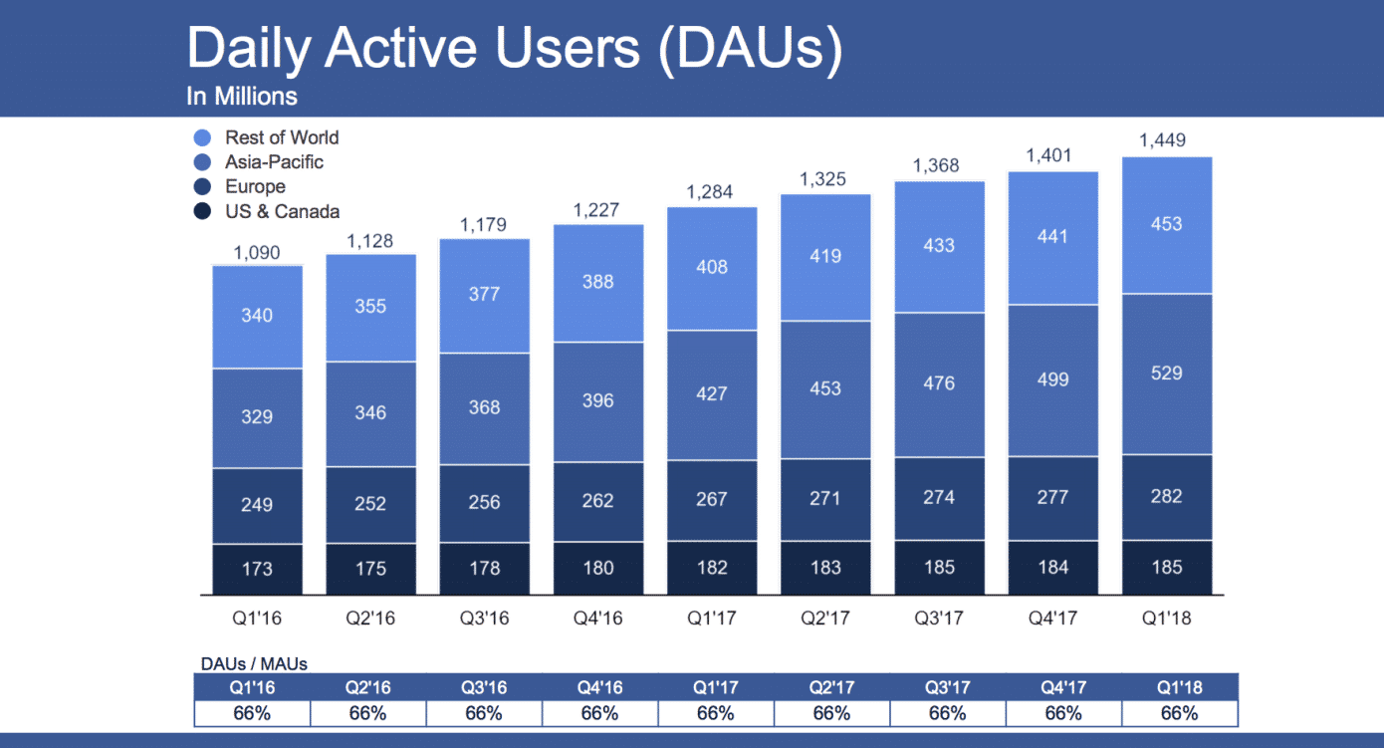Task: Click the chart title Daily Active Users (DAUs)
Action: tap(514, 50)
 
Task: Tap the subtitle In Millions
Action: tap(241, 97)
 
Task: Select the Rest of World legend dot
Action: tap(203, 138)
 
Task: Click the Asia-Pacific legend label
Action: tap(274, 161)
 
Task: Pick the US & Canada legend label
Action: tap(282, 211)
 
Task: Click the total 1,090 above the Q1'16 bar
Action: tap(257, 253)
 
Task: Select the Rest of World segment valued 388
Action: tap(597, 282)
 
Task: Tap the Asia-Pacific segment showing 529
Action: tap(1166, 374)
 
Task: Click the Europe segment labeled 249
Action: tap(257, 504)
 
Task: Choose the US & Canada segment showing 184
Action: tap(1052, 568)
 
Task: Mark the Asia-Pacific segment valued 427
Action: tap(712, 394)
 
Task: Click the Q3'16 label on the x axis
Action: tap(484, 619)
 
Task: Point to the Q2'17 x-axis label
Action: tap(825, 619)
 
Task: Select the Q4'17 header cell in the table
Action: tap(1063, 687)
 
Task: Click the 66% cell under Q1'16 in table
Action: tap(253, 713)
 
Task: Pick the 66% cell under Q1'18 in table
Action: tap(1179, 713)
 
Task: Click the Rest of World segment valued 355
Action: tap(370, 307)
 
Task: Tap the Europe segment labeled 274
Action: tap(939, 498)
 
